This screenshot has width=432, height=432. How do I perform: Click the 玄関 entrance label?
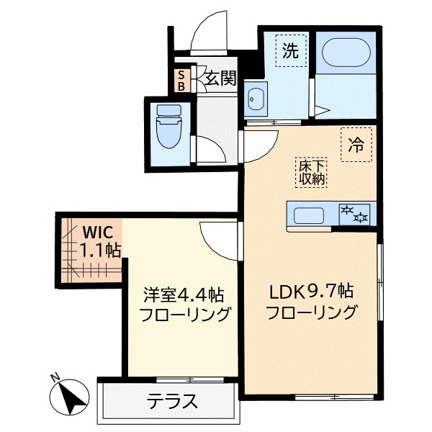(x=220, y=78)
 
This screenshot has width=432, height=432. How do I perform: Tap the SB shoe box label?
(x=181, y=79)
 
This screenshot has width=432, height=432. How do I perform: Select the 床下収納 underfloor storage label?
(x=312, y=171)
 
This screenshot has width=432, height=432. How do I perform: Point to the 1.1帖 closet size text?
(x=100, y=251)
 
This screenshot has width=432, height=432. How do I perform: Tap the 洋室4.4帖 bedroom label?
(x=183, y=295)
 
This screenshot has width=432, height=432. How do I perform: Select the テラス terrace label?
(x=172, y=400)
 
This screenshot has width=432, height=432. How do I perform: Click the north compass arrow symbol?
(x=73, y=399)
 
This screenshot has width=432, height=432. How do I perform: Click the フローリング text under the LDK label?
(x=311, y=313)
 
